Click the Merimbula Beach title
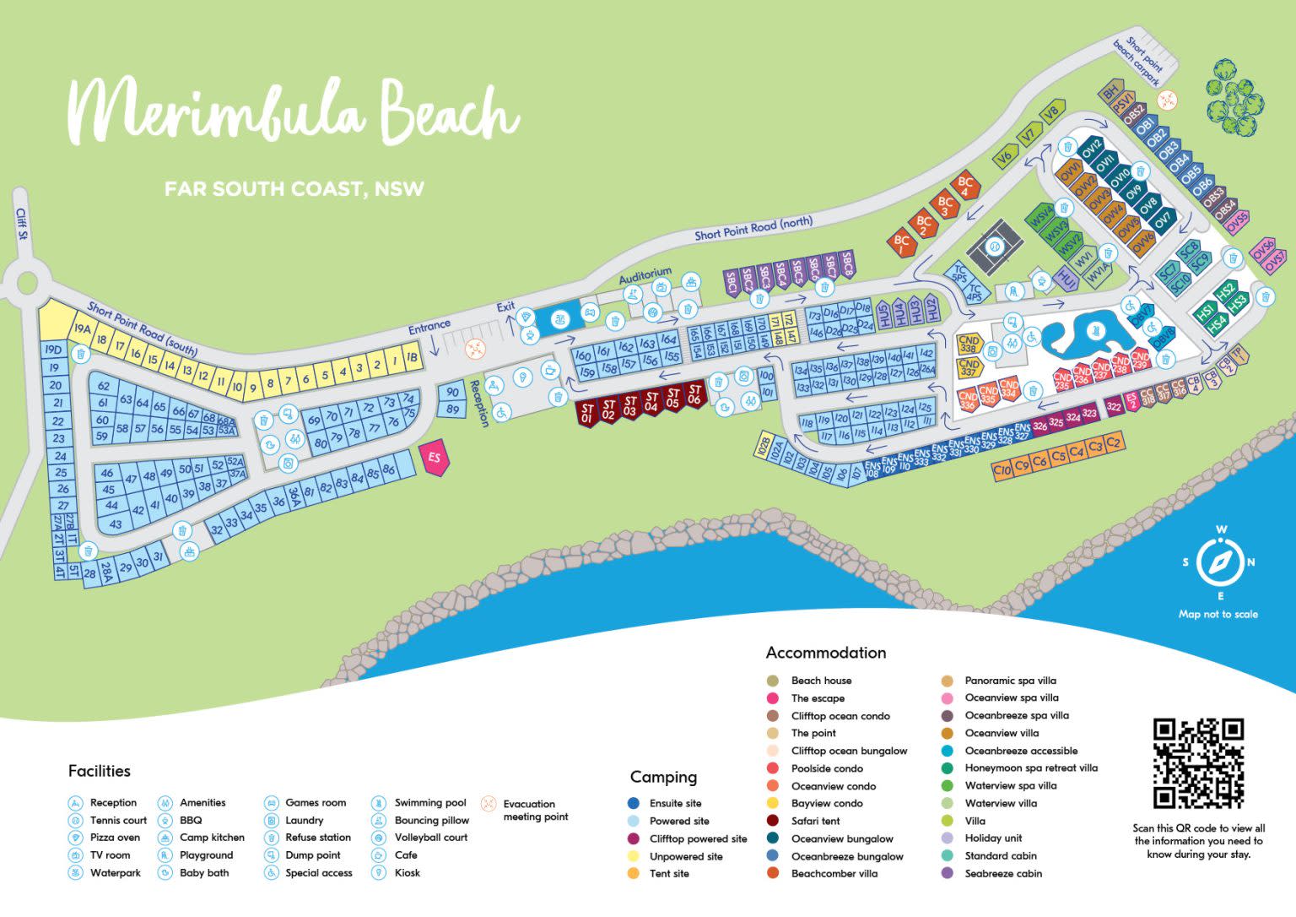292,112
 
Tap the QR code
1198,762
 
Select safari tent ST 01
587,412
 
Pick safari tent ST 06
694,394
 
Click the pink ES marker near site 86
435,458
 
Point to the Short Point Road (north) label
753,228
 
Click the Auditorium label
645,276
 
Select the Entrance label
429,326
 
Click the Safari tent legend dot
772,821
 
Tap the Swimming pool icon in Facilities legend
379,802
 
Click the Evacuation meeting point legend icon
488,803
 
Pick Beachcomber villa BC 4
966,187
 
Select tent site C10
1002,469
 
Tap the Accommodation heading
825,653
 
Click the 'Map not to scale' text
1218,614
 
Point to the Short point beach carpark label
1140,61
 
